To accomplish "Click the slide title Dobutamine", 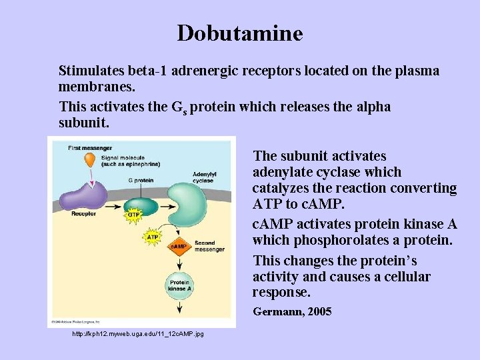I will coord(239,33).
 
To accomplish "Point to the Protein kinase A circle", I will coord(179,285).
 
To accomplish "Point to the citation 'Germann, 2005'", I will coord(292,311).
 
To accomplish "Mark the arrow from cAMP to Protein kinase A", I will coord(179,264).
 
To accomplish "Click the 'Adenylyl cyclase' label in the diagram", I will coord(203,177).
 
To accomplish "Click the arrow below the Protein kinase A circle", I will coord(179,307).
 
